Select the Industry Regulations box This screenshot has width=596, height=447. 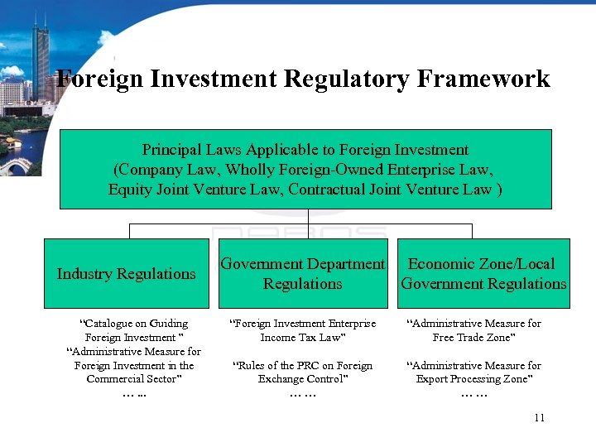(126, 273)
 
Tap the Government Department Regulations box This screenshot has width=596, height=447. (303, 273)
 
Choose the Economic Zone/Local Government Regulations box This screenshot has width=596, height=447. (483, 273)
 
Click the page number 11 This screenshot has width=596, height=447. (539, 417)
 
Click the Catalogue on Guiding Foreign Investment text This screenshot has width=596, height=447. (133, 330)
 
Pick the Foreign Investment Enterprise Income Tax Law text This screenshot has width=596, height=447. (302, 330)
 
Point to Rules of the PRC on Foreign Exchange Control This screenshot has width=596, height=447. (302, 372)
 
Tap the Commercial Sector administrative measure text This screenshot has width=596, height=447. (133, 365)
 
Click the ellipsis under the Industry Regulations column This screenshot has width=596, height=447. (133, 394)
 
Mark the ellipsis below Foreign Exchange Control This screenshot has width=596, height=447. (302, 394)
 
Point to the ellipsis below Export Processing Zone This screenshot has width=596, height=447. (473, 394)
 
